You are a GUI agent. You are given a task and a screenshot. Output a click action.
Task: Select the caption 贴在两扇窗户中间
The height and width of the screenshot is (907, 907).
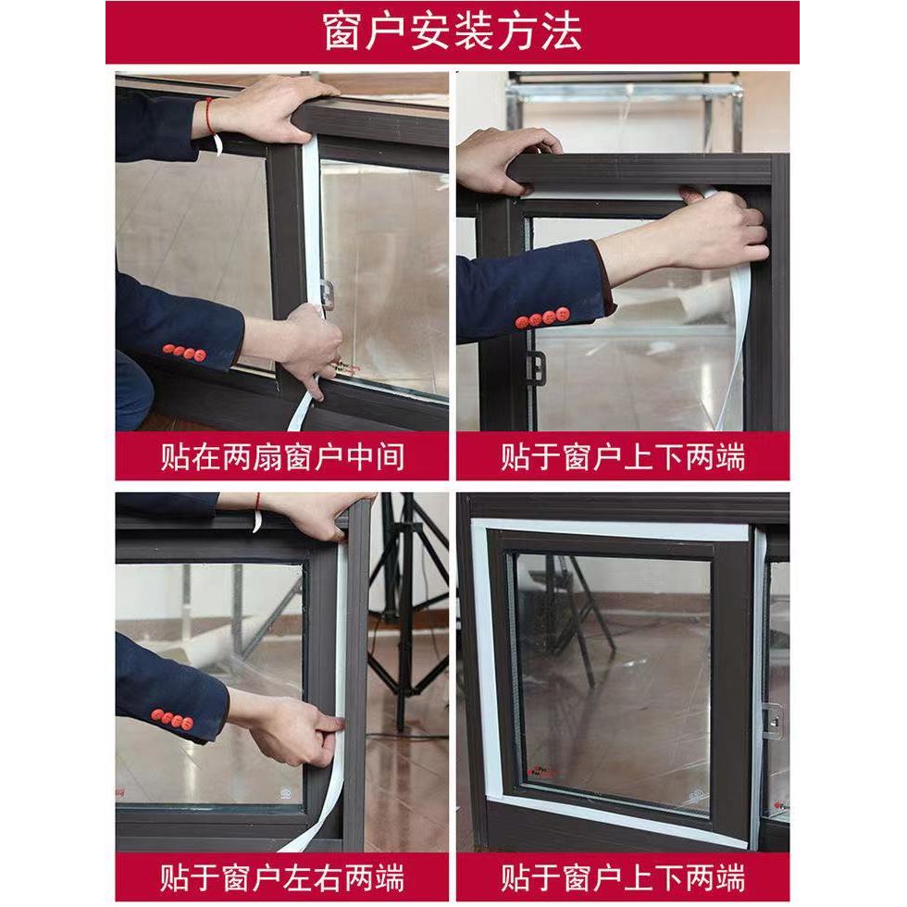coord(282,457)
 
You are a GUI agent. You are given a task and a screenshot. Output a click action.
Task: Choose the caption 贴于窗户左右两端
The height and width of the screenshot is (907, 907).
coord(282,874)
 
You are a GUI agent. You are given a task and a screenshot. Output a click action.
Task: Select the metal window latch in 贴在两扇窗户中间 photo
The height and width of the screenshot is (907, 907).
coord(326,293)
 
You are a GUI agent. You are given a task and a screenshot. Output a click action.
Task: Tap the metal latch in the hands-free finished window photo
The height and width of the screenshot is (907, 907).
coord(772,721)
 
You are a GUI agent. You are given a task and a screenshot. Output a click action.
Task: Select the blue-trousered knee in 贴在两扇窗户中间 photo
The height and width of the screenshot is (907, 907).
coord(133,389)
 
